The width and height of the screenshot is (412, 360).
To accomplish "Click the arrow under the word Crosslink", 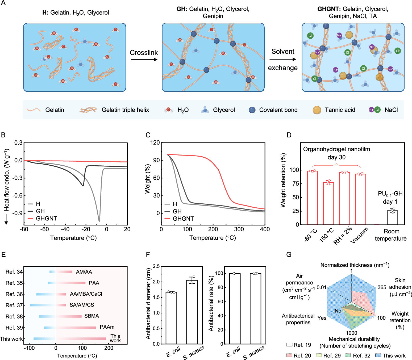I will (x=144, y=60).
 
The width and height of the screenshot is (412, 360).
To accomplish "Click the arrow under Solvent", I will (x=282, y=59).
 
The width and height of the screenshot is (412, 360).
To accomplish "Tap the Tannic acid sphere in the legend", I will (x=317, y=110).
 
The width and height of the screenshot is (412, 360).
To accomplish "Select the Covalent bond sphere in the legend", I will (x=252, y=110).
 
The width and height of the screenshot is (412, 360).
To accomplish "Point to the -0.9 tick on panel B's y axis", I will (x=18, y=213).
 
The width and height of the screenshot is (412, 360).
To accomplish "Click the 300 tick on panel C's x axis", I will (x=239, y=229).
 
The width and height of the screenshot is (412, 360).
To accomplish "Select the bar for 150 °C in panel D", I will (x=328, y=203).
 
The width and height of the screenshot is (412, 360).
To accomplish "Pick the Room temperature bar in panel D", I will (x=392, y=217).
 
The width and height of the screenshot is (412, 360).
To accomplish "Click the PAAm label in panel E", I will (x=107, y=327).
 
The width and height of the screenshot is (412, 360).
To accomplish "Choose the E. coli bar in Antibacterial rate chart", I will (x=235, y=308).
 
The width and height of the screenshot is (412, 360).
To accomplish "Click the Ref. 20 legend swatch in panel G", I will (x=289, y=355).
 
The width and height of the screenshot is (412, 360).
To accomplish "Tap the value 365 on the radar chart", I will (x=382, y=287).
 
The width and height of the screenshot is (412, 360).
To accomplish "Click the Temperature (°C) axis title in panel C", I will (x=213, y=238).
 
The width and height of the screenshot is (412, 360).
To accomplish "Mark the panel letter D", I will (x=289, y=135).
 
